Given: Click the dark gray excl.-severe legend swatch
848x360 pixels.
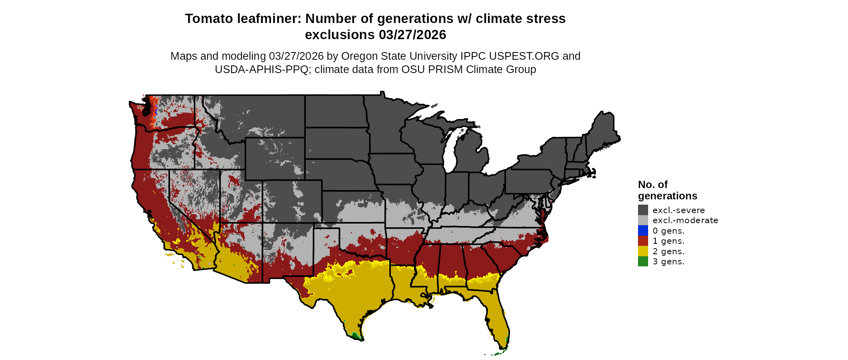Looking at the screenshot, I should coord(643,210).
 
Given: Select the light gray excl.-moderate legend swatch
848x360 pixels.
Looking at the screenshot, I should coord(643,220).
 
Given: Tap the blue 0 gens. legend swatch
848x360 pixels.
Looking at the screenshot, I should coord(643,230).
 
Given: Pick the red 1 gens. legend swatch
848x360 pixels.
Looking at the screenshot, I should coord(643,241).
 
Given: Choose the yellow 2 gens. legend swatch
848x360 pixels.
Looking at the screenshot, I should coord(643,251).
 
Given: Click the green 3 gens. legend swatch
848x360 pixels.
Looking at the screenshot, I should coord(643,262).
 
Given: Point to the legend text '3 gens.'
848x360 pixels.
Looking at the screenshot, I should coord(668,262).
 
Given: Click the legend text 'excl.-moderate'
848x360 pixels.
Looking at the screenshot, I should coord(685,220).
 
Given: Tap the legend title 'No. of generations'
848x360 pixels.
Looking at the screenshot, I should coord(667,190).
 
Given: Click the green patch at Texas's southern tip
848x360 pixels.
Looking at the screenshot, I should coord(356,335).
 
